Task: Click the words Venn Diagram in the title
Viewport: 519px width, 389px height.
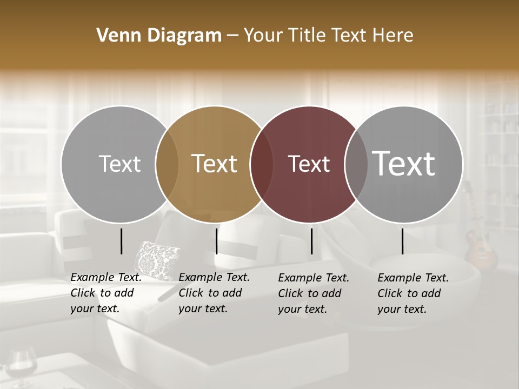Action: [x=159, y=36]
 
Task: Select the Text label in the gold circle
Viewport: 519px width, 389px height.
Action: [x=215, y=164]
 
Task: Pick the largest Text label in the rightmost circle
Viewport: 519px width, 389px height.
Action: [x=404, y=163]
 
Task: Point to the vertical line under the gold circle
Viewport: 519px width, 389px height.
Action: [x=216, y=241]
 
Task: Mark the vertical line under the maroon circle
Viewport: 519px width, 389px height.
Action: [x=312, y=241]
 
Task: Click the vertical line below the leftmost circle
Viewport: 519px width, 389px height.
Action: [x=122, y=241]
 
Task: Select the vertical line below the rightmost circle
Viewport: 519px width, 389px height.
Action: [x=403, y=241]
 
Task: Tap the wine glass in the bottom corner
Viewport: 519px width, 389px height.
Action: [x=22, y=367]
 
